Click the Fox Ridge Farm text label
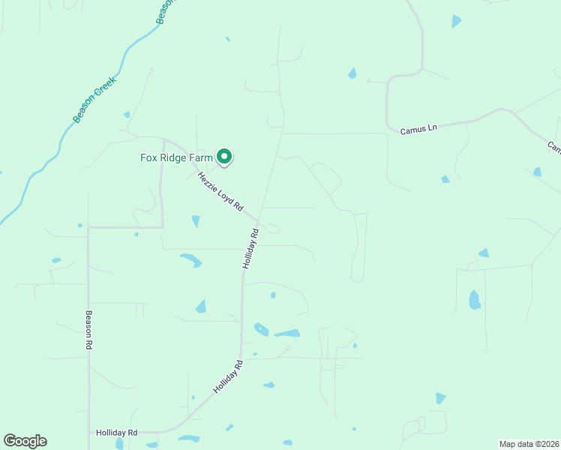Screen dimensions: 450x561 pyautogui.click(x=177, y=157)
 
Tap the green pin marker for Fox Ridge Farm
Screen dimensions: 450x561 pyautogui.click(x=223, y=156)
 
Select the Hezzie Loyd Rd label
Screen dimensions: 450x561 pyautogui.click(x=220, y=191)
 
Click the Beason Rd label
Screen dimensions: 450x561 pyautogui.click(x=88, y=330)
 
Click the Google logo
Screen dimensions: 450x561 pyautogui.click(x=25, y=441)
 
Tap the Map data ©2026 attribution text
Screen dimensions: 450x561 pyautogui.click(x=529, y=444)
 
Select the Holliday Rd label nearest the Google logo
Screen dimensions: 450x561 pyautogui.click(x=116, y=433)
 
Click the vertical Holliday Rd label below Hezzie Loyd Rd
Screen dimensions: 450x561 pyautogui.click(x=250, y=249)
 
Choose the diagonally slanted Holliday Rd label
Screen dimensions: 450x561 pyautogui.click(x=229, y=378)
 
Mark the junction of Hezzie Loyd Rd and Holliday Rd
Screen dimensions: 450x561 pyautogui.click(x=258, y=222)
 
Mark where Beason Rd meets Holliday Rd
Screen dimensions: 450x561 pyautogui.click(x=89, y=433)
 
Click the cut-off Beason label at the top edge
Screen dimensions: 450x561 pyautogui.click(x=166, y=10)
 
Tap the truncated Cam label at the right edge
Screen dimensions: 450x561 pyautogui.click(x=553, y=147)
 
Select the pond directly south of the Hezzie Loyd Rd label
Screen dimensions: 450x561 pyautogui.click(x=196, y=221)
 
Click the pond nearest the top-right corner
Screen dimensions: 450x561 pyautogui.click(x=456, y=21)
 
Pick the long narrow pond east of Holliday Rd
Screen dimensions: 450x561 pyautogui.click(x=287, y=333)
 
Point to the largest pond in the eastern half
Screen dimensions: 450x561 pyautogui.click(x=474, y=300)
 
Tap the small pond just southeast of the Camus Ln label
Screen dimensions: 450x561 pyautogui.click(x=445, y=179)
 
